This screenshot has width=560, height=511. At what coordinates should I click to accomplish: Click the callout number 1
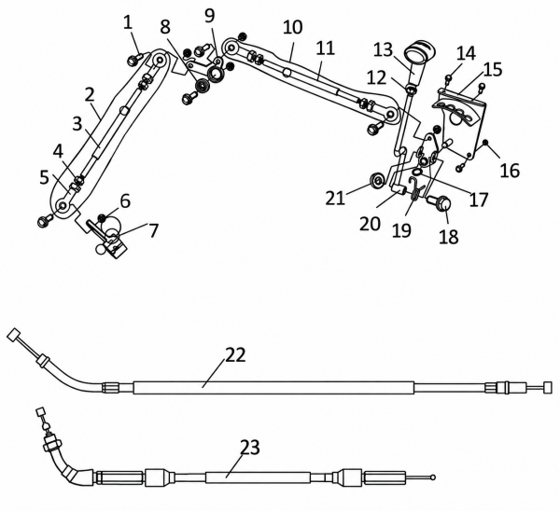(x=128, y=22)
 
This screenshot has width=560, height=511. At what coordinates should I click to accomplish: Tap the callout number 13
(x=384, y=50)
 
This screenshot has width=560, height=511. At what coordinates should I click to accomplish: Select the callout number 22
(x=235, y=355)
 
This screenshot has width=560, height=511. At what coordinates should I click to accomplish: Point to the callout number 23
(x=249, y=448)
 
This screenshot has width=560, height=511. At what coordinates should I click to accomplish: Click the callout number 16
(x=510, y=171)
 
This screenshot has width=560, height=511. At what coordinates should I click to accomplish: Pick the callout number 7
(x=153, y=230)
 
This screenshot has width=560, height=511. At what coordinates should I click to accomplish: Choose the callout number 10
(x=292, y=27)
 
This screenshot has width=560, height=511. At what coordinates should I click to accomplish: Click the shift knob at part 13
(x=420, y=53)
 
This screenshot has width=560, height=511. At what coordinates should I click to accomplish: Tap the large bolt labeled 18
(x=441, y=204)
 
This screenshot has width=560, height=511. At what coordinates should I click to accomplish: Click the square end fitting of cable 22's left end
(x=13, y=335)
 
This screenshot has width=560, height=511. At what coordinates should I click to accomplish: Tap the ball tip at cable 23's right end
(x=433, y=476)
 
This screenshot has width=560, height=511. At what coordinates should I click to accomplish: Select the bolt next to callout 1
(x=133, y=60)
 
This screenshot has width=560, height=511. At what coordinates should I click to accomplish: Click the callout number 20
(x=370, y=224)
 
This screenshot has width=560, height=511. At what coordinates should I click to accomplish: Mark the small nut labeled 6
(x=103, y=217)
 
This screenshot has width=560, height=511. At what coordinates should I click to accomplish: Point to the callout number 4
(x=58, y=152)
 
